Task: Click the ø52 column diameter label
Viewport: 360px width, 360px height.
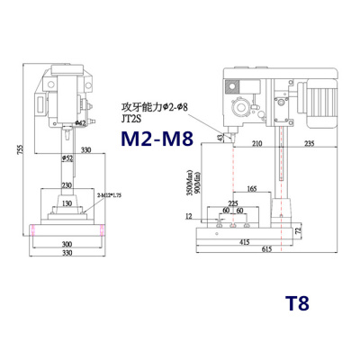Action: (67, 158)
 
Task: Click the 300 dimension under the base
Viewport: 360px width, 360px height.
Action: (67, 244)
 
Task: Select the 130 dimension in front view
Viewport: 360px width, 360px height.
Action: (67, 203)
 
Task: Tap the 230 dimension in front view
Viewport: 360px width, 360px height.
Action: (67, 185)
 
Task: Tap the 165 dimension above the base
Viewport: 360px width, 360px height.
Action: (252, 188)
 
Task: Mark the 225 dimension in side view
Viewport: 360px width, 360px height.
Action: (235, 203)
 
